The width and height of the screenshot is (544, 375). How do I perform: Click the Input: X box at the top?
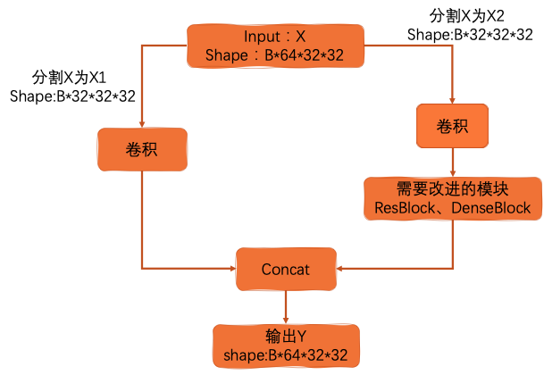pyautogui.click(x=274, y=45)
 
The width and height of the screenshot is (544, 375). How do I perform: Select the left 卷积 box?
pyautogui.click(x=142, y=148)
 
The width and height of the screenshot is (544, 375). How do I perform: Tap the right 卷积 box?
pyautogui.click(x=452, y=126)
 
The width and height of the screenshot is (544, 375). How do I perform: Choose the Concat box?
pyautogui.click(x=285, y=269)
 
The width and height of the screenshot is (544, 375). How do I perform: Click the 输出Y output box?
pyautogui.click(x=285, y=346)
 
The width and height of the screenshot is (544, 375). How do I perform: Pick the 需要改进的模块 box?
pyautogui.click(x=452, y=198)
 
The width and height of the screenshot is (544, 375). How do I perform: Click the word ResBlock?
pyautogui.click(x=398, y=208)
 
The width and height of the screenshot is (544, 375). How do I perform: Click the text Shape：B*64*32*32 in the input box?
pyautogui.click(x=274, y=55)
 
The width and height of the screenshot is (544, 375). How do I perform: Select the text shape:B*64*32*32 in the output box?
pyautogui.click(x=286, y=355)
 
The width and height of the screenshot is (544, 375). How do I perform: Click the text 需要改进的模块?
pyautogui.click(x=452, y=189)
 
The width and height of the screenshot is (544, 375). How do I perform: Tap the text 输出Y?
pyautogui.click(x=286, y=337)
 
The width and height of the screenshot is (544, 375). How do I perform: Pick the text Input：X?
pyautogui.click(x=274, y=36)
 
